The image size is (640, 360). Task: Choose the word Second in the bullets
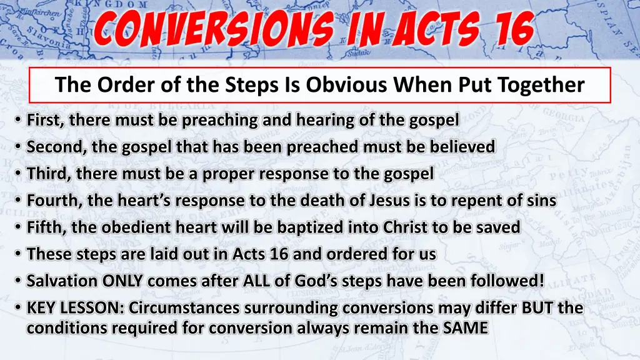click(x=52, y=147)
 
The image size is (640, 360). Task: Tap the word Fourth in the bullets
click(x=51, y=201)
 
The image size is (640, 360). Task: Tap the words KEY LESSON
click(x=76, y=308)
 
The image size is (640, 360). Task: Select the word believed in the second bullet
click(x=464, y=147)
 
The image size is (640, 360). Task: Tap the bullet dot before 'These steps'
click(x=19, y=255)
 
